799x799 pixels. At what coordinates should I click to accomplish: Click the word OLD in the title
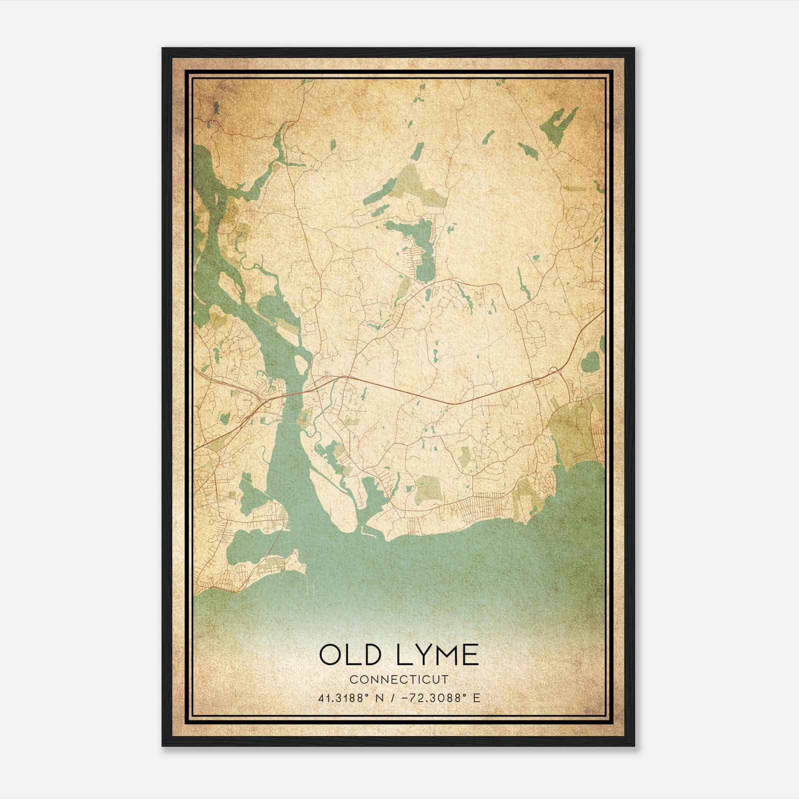point(350,655)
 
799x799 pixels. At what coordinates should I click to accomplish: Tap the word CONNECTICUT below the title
point(399,679)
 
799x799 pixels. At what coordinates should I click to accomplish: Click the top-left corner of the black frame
point(163,48)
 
